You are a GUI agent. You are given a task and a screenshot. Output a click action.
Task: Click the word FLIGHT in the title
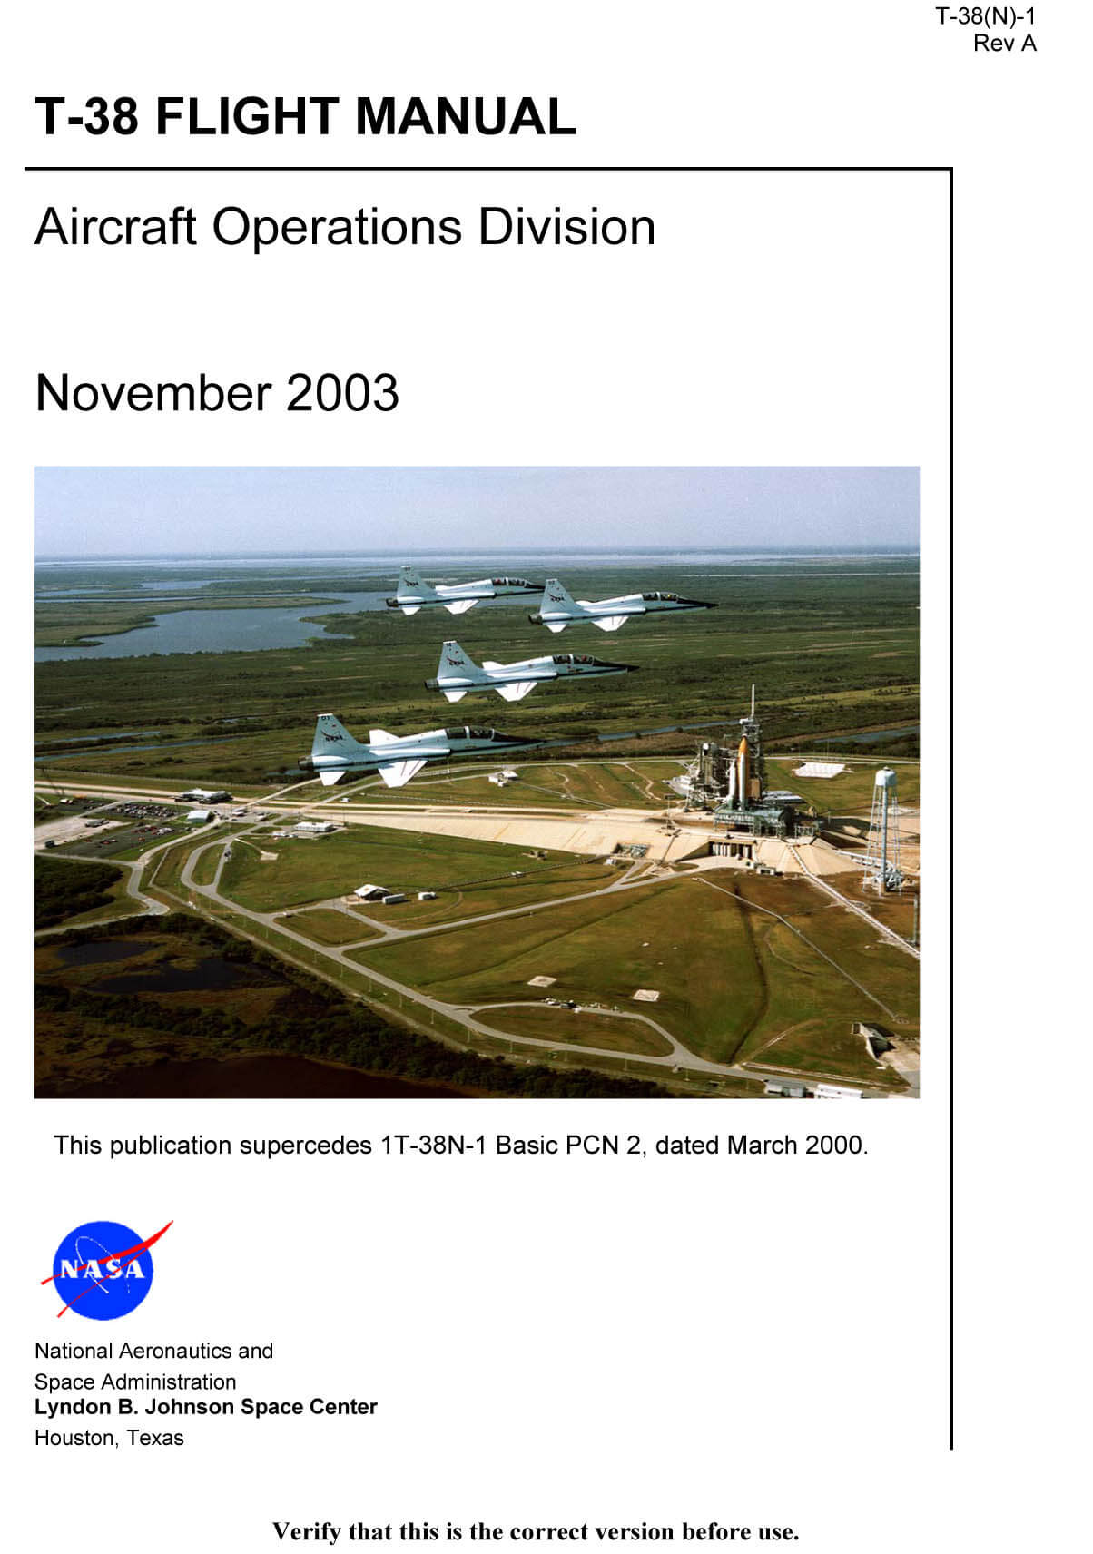(x=247, y=116)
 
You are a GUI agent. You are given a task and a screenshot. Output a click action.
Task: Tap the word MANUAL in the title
(x=466, y=116)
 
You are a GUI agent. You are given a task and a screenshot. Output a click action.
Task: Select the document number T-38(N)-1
(x=985, y=16)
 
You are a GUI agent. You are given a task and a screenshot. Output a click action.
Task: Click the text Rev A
(x=1004, y=44)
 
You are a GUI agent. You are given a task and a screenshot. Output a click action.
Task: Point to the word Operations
(x=338, y=228)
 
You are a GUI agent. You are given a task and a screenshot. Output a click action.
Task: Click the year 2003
(x=342, y=393)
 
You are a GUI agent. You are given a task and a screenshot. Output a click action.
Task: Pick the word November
(x=153, y=393)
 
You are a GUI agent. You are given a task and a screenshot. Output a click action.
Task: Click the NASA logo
(x=104, y=1269)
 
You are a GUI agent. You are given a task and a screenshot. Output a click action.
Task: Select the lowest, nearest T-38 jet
(x=417, y=749)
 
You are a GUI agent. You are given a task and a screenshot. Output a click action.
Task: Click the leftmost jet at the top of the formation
(x=461, y=590)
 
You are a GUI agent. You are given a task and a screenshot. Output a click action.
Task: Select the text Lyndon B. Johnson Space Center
(x=206, y=1407)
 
